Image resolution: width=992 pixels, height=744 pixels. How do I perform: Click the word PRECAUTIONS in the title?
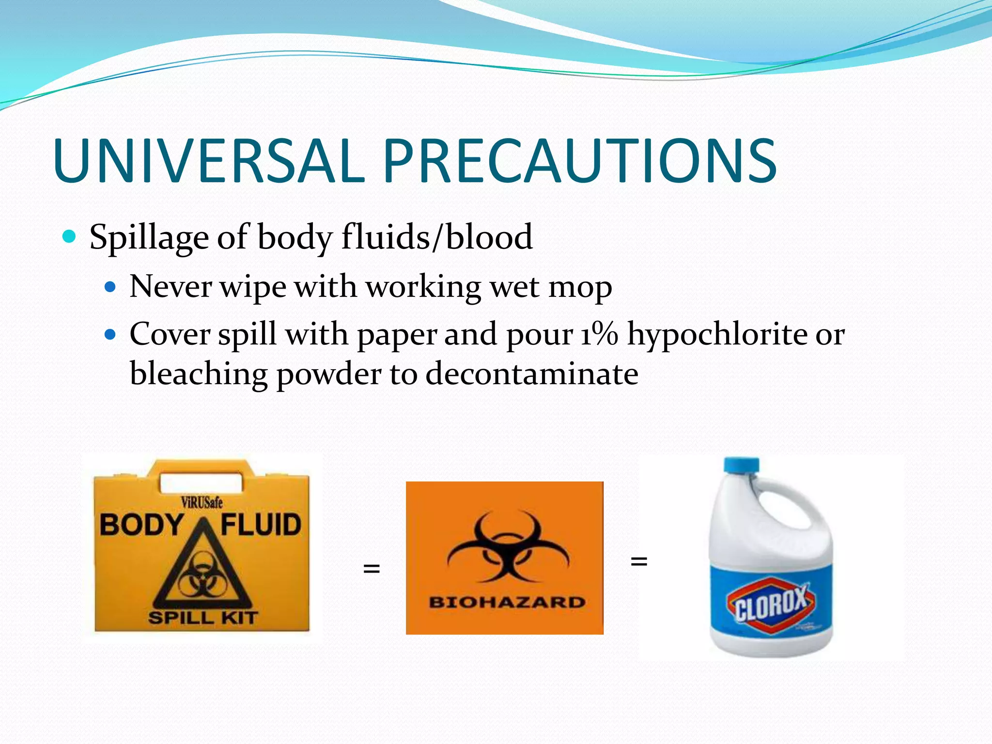(x=580, y=161)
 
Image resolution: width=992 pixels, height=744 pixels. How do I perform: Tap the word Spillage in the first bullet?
(x=149, y=238)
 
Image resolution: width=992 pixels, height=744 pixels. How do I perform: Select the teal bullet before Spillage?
(x=70, y=236)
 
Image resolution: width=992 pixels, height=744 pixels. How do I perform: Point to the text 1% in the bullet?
(x=599, y=334)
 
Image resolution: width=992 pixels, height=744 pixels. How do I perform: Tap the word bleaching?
(x=199, y=374)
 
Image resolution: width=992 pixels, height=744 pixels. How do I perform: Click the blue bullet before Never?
(x=111, y=287)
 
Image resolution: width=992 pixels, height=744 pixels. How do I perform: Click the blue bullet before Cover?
(x=111, y=334)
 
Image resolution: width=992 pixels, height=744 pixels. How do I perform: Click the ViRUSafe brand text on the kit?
(x=201, y=502)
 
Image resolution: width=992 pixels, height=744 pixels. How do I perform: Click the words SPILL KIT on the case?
(x=202, y=618)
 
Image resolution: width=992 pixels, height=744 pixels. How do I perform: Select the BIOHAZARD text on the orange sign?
(x=507, y=602)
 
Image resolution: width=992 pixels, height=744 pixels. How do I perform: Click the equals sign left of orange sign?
(x=372, y=568)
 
